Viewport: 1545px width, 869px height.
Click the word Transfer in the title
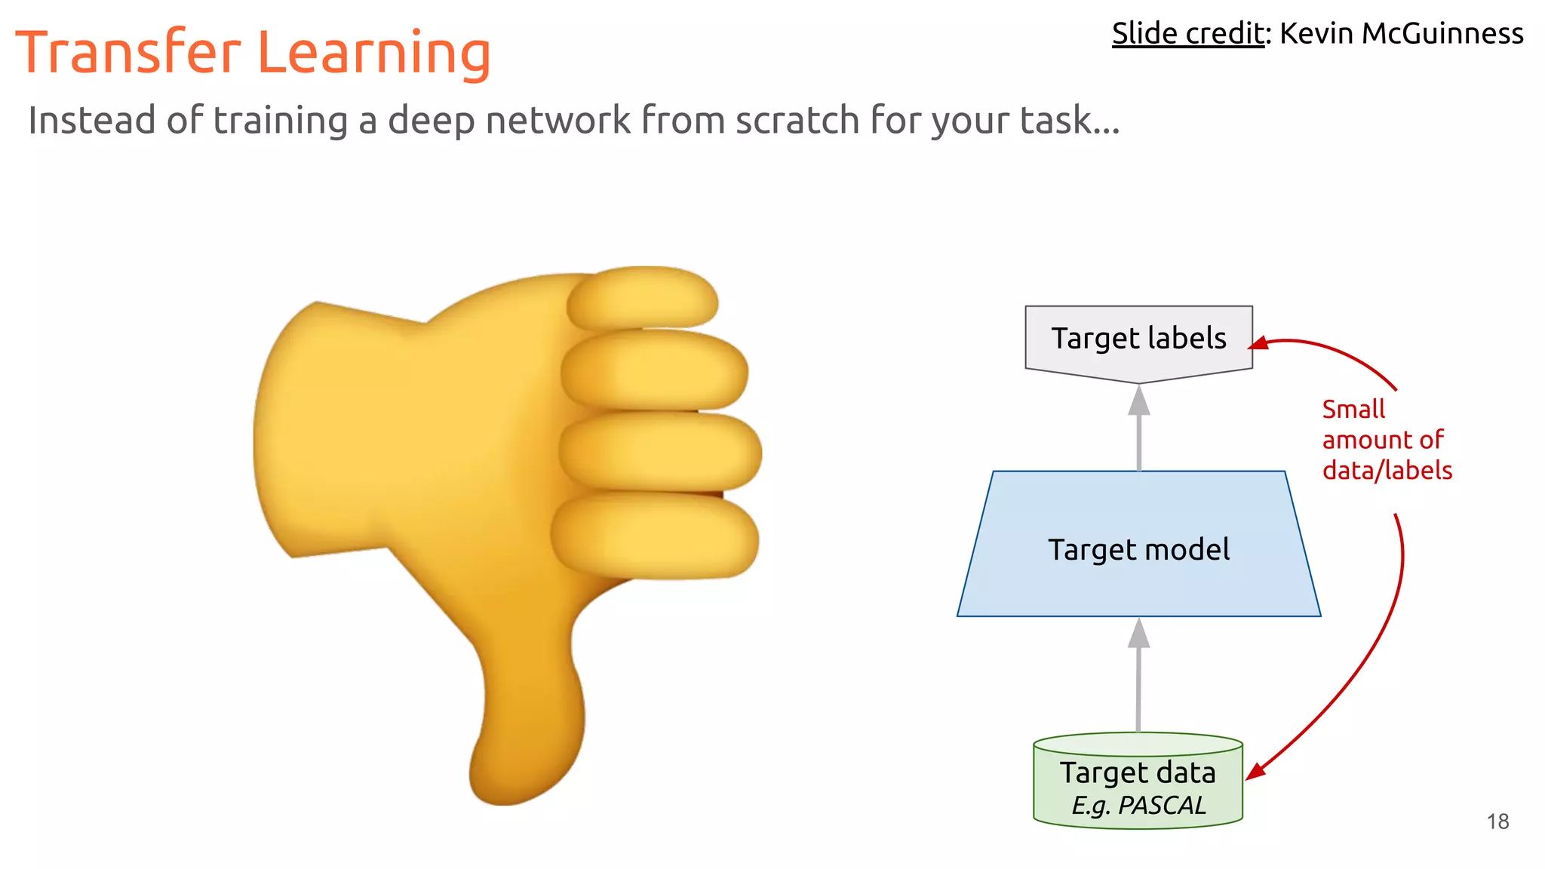tap(128, 53)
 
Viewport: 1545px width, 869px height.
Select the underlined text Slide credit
tap(1187, 34)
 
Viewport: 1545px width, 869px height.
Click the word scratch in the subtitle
tap(797, 121)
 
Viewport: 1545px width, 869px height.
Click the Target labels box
tap(1138, 339)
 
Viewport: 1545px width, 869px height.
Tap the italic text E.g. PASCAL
tap(1138, 806)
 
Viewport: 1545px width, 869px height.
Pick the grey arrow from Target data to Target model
tap(1138, 675)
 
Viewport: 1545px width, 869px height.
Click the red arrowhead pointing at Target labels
tap(1258, 344)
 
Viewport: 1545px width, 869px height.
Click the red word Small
tap(1353, 410)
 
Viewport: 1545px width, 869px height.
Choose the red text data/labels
tap(1387, 471)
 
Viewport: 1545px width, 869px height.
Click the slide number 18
tap(1497, 821)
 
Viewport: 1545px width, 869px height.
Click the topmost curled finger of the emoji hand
tap(641, 299)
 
